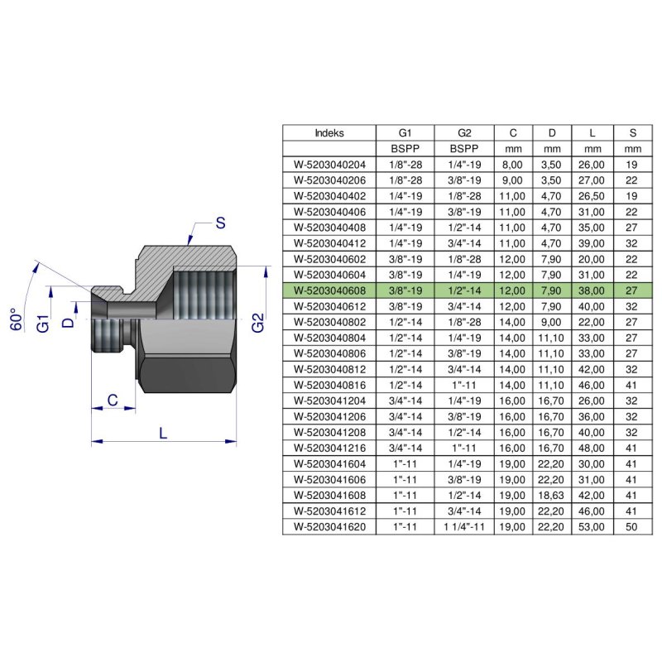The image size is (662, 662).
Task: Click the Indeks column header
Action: pos(329,132)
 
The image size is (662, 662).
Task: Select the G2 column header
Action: pos(463,132)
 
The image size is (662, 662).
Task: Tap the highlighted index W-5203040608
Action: pos(329,290)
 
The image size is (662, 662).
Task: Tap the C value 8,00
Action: pos(513,164)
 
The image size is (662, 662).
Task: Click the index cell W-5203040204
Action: pos(329,164)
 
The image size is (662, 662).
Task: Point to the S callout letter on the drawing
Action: pos(219,223)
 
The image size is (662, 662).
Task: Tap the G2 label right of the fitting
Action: pos(258,322)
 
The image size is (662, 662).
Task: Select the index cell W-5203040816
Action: pos(329,386)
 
